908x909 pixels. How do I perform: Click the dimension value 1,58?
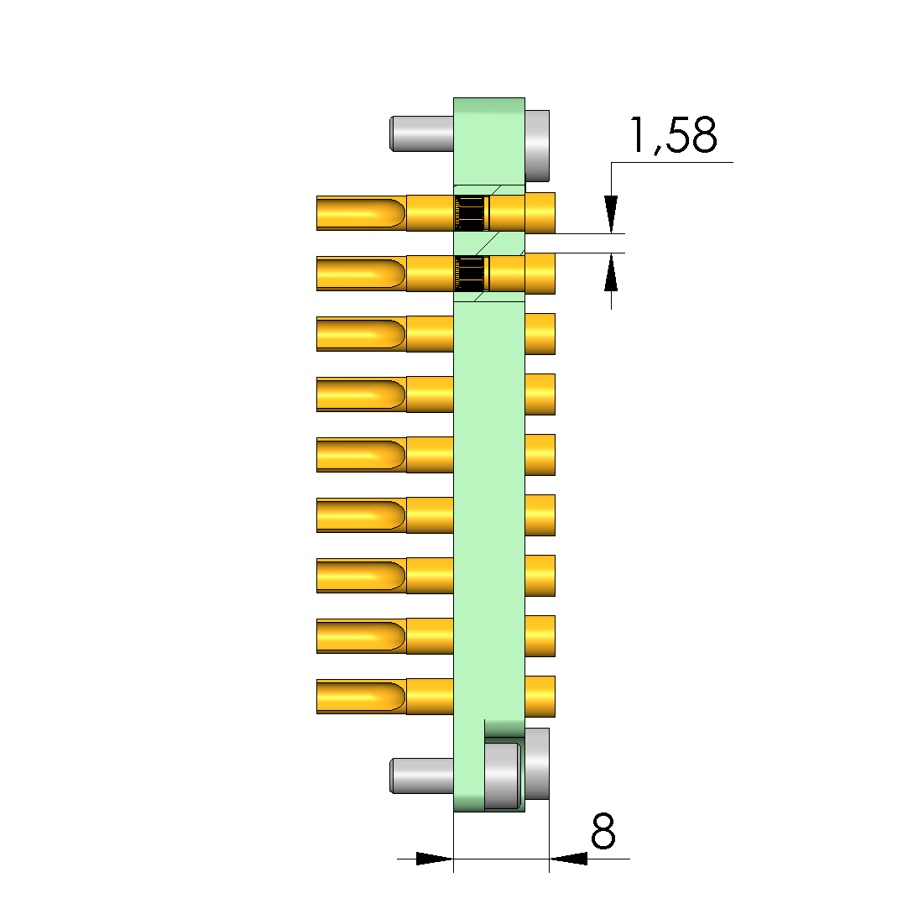click(673, 136)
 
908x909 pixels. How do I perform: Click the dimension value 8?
click(603, 831)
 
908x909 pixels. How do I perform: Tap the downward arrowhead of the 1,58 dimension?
click(611, 215)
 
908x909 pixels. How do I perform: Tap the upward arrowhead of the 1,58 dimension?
click(611, 272)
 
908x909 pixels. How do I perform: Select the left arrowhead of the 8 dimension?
click(435, 859)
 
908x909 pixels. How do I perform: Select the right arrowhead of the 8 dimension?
click(568, 859)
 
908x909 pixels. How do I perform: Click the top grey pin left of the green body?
click(422, 134)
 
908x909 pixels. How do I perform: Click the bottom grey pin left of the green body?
click(422, 776)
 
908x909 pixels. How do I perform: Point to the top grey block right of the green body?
click(537, 145)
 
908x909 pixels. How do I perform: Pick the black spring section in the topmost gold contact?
click(469, 212)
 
